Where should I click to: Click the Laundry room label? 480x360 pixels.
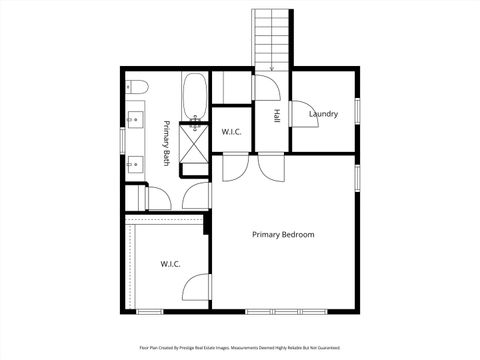point(323,114)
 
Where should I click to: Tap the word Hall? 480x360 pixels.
point(275,115)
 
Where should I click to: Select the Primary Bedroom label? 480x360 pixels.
point(283,235)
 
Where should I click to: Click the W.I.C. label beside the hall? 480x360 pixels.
point(232,131)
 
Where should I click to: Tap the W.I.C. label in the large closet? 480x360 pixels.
point(170,264)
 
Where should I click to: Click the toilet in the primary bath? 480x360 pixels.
point(136,86)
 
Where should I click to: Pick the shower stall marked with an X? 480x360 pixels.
point(196,146)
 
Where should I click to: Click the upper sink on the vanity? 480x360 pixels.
point(137,124)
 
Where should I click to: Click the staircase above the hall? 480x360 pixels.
point(272,40)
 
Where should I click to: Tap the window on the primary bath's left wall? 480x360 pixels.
point(123,141)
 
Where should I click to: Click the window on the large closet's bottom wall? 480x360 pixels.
point(157,311)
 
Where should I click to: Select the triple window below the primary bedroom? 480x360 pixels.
point(283,311)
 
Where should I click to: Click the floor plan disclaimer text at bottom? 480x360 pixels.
point(240,349)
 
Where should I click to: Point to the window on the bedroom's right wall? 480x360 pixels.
point(357,175)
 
